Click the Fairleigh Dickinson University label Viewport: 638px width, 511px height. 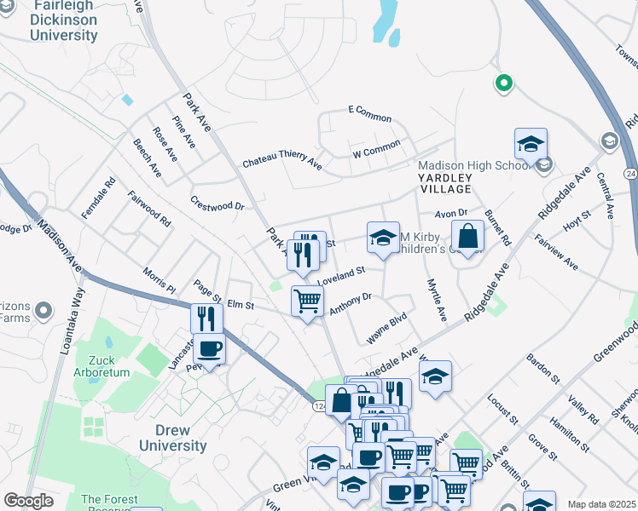coord(63,21)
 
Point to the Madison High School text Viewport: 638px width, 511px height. coord(473,166)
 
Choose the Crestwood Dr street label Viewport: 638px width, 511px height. coord(217,206)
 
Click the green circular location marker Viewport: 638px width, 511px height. coord(504,83)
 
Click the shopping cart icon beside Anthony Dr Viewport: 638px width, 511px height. coord(307,301)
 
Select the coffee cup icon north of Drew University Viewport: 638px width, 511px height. coord(209,349)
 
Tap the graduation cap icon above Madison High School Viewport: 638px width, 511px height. coord(531,143)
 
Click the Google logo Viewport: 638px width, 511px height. coord(28,500)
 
